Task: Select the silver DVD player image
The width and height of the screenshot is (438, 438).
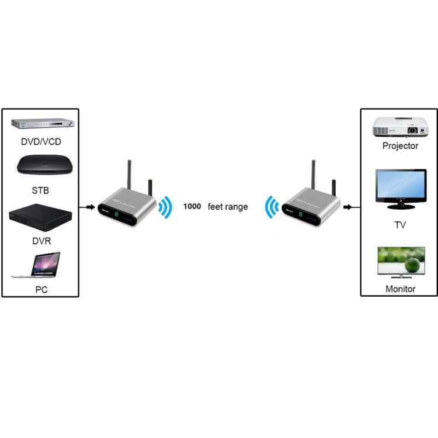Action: (41, 124)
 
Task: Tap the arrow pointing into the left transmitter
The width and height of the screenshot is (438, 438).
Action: (88, 207)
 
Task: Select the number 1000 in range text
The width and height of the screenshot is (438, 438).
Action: (192, 207)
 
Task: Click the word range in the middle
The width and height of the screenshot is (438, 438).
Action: (237, 207)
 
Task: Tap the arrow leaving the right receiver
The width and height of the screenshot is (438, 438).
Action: (349, 207)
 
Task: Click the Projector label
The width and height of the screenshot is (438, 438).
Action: (400, 146)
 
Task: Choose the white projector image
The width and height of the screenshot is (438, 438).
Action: (400, 126)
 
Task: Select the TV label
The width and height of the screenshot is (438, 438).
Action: (400, 225)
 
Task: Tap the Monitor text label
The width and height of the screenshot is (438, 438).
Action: (400, 288)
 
